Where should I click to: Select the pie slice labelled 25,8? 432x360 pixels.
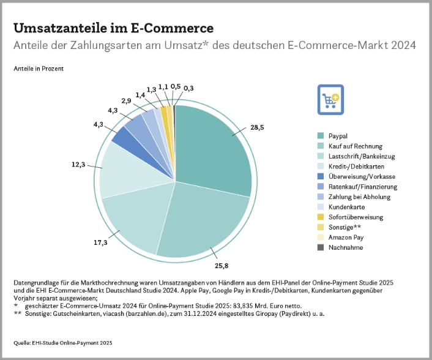[202, 220]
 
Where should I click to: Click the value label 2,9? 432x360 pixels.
[127, 100]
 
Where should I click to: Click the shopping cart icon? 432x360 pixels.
[331, 99]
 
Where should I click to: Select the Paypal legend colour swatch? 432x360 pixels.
[321, 135]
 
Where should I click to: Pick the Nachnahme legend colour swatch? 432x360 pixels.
[321, 247]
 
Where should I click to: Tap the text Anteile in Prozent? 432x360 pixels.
[39, 69]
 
